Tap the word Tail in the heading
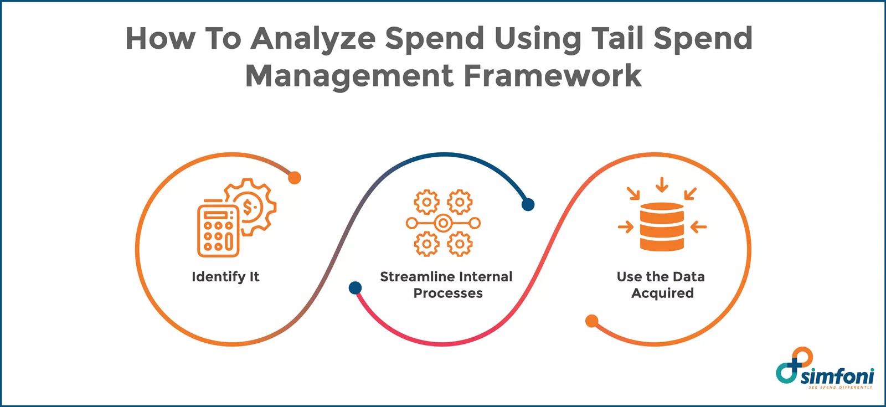click(x=618, y=39)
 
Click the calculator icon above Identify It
click(x=218, y=231)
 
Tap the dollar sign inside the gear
click(x=249, y=207)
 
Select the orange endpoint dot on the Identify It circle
click(x=295, y=178)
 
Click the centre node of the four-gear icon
click(x=442, y=223)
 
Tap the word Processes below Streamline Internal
click(x=448, y=293)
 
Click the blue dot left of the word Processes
click(x=355, y=288)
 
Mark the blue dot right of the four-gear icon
click(x=528, y=205)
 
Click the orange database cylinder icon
click(x=662, y=227)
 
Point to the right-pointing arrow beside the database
click(x=626, y=226)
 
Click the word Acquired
click(x=662, y=293)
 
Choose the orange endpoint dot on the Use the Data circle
click(x=592, y=321)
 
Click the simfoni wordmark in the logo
click(x=837, y=377)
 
